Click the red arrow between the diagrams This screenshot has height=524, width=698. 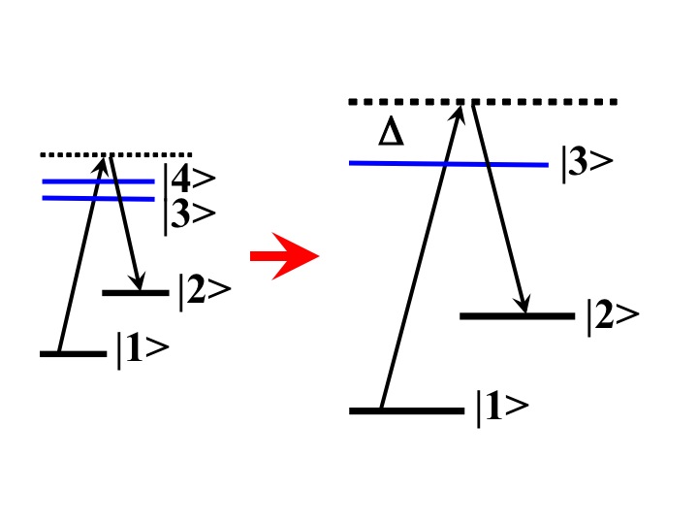coord(284,256)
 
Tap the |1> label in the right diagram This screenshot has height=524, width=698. coord(501,409)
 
